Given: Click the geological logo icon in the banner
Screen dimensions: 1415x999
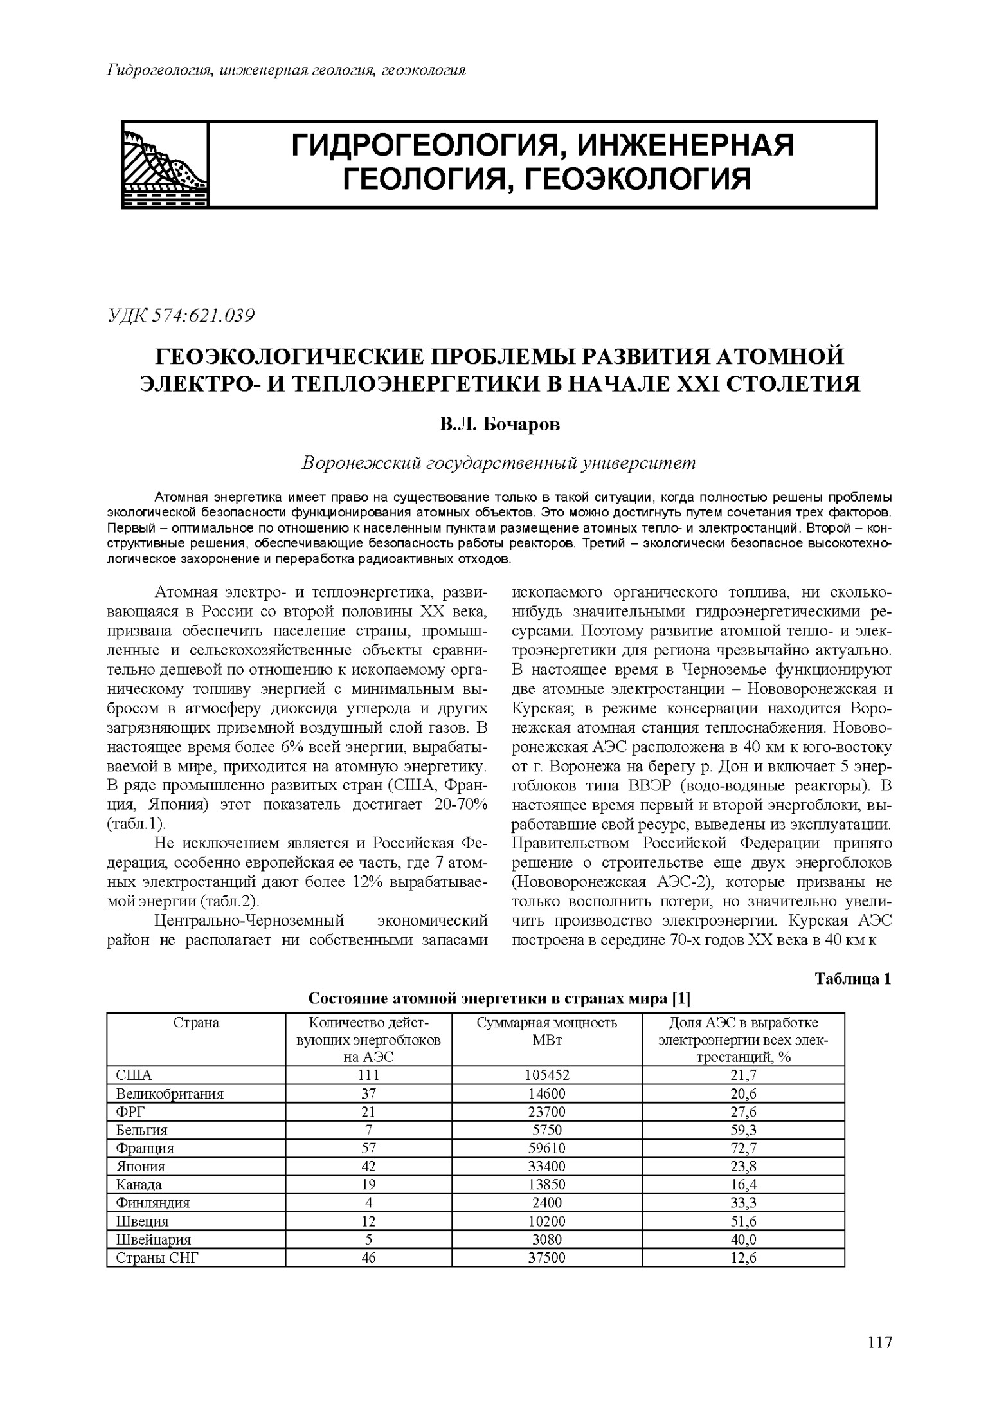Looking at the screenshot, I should click(165, 164).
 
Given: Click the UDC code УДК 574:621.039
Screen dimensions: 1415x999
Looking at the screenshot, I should click(181, 316).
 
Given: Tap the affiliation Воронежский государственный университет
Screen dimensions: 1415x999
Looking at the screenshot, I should click(499, 463).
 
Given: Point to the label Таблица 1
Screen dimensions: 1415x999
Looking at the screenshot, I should click(852, 980).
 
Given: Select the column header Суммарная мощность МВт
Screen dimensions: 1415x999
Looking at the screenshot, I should click(546, 1031).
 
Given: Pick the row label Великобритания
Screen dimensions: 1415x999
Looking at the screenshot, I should click(170, 1093).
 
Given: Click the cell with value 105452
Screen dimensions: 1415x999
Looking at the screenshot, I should click(546, 1075).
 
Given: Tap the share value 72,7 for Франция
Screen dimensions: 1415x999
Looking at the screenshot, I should click(743, 1148).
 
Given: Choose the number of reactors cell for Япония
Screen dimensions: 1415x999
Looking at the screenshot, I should click(368, 1166).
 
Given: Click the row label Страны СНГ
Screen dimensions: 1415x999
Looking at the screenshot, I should click(157, 1257).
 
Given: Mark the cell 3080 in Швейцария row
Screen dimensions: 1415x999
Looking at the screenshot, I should click(546, 1239).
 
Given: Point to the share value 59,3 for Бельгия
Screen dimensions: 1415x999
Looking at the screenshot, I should click(743, 1129).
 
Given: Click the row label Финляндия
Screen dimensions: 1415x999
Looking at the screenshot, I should click(153, 1203).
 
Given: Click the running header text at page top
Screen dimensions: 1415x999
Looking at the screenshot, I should click(286, 70).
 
